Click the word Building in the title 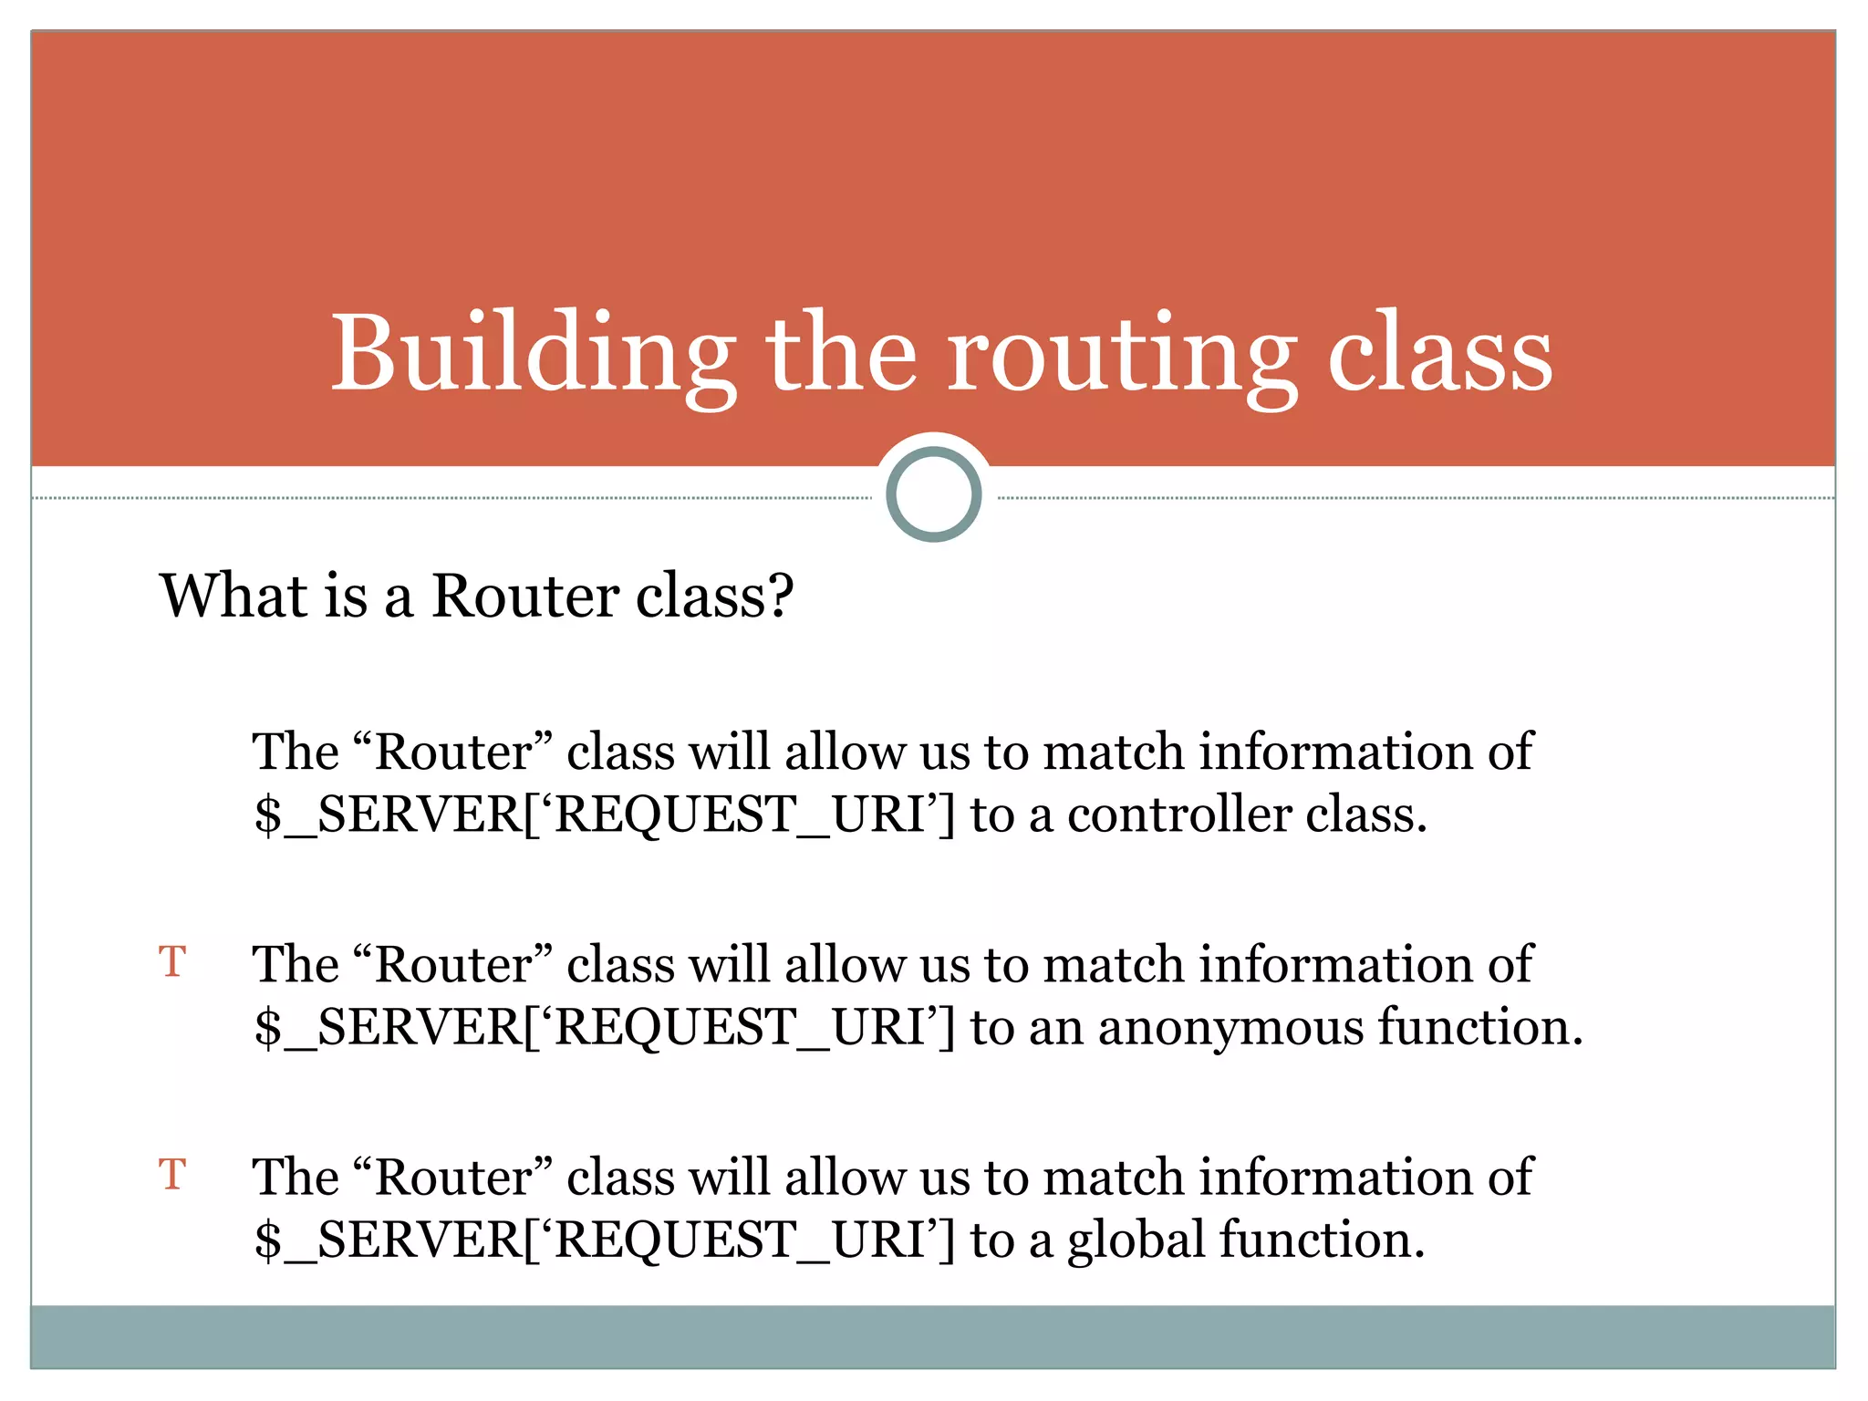coord(533,354)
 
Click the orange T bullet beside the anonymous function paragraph coord(172,962)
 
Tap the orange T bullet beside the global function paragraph coord(172,1175)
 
